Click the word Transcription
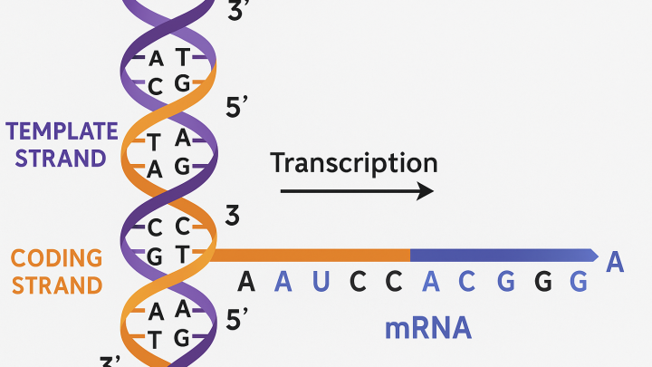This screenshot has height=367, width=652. [x=354, y=163]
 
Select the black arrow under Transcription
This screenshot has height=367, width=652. [x=357, y=191]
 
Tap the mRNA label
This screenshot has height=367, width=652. [x=428, y=328]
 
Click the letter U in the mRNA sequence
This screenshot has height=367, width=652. [x=321, y=281]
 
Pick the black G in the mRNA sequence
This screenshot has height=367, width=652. [x=543, y=282]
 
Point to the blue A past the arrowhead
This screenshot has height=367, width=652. [x=615, y=262]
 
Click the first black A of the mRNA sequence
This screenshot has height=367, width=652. [x=246, y=281]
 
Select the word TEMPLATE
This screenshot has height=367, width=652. [x=62, y=131]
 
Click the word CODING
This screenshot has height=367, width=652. [x=56, y=258]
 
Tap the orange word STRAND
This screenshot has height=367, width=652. [x=57, y=285]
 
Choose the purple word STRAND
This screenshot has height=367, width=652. [x=61, y=158]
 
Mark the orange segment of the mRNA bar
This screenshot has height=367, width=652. [x=311, y=256]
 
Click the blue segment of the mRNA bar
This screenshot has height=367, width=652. [x=504, y=256]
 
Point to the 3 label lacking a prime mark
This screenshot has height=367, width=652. [x=233, y=216]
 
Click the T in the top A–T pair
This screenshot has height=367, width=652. [x=183, y=57]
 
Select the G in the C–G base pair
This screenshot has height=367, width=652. [x=182, y=82]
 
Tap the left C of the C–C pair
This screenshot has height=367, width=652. [x=155, y=228]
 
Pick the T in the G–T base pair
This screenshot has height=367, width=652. [x=183, y=254]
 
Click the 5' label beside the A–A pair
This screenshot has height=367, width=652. [x=236, y=320]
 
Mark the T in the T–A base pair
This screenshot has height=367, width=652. [x=154, y=142]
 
